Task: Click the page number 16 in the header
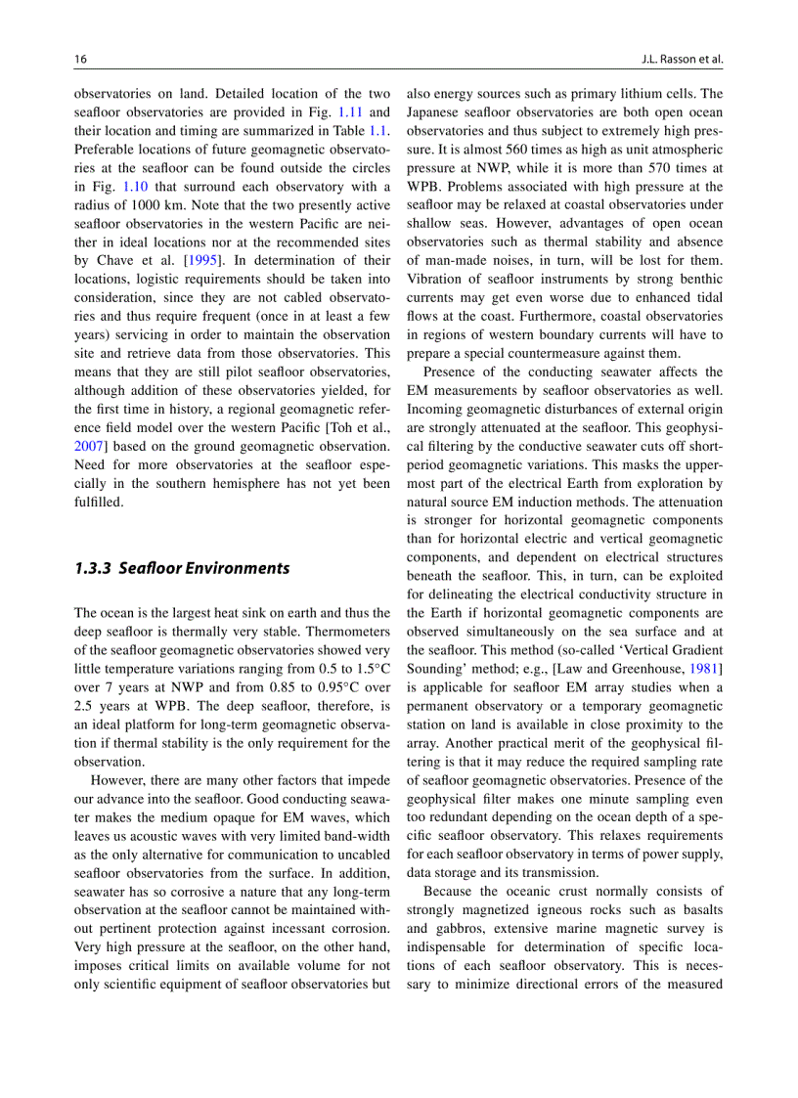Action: tap(81, 59)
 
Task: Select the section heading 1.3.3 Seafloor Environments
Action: tap(182, 568)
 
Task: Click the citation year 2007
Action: tap(88, 447)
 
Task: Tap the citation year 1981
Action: tap(703, 668)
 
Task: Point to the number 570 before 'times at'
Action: tap(669, 168)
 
